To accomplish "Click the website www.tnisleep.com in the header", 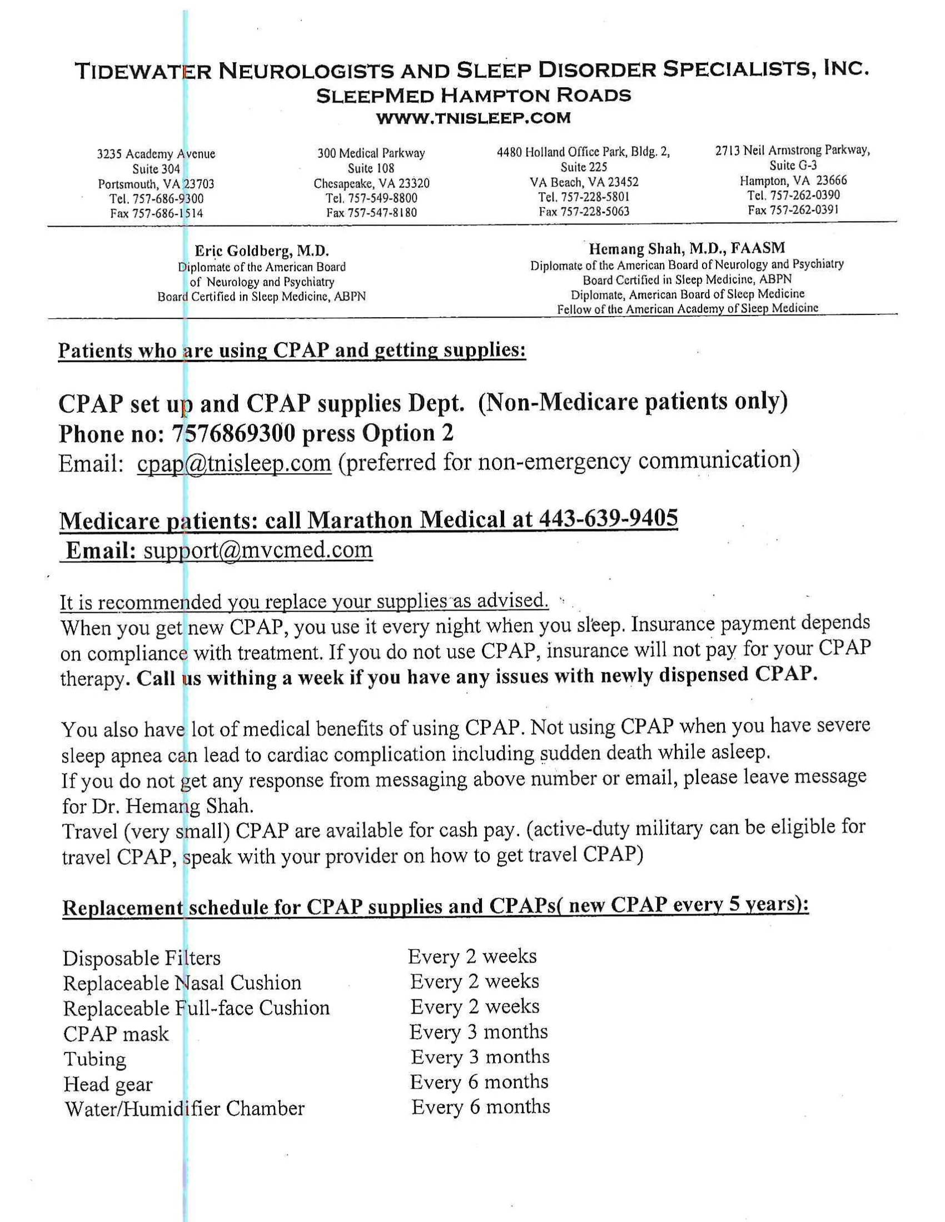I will (473, 119).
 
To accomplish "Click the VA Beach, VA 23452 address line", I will (584, 182).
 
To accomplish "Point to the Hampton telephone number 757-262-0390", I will (793, 196).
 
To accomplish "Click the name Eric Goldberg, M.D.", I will (261, 251).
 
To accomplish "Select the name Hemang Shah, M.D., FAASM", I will (687, 248).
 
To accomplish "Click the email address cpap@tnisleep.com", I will (234, 463).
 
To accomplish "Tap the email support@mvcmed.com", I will (258, 549).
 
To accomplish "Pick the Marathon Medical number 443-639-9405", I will (608, 519).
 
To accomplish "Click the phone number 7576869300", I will (233, 434).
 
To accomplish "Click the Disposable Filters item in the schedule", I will (142, 959).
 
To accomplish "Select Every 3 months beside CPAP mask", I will (478, 1032).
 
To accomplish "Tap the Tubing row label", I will (94, 1059).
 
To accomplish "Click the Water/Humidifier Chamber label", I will (184, 1109).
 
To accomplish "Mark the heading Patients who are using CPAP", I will (292, 351).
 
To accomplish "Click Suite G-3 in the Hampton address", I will (793, 166).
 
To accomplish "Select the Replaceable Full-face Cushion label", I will (196, 1008).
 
